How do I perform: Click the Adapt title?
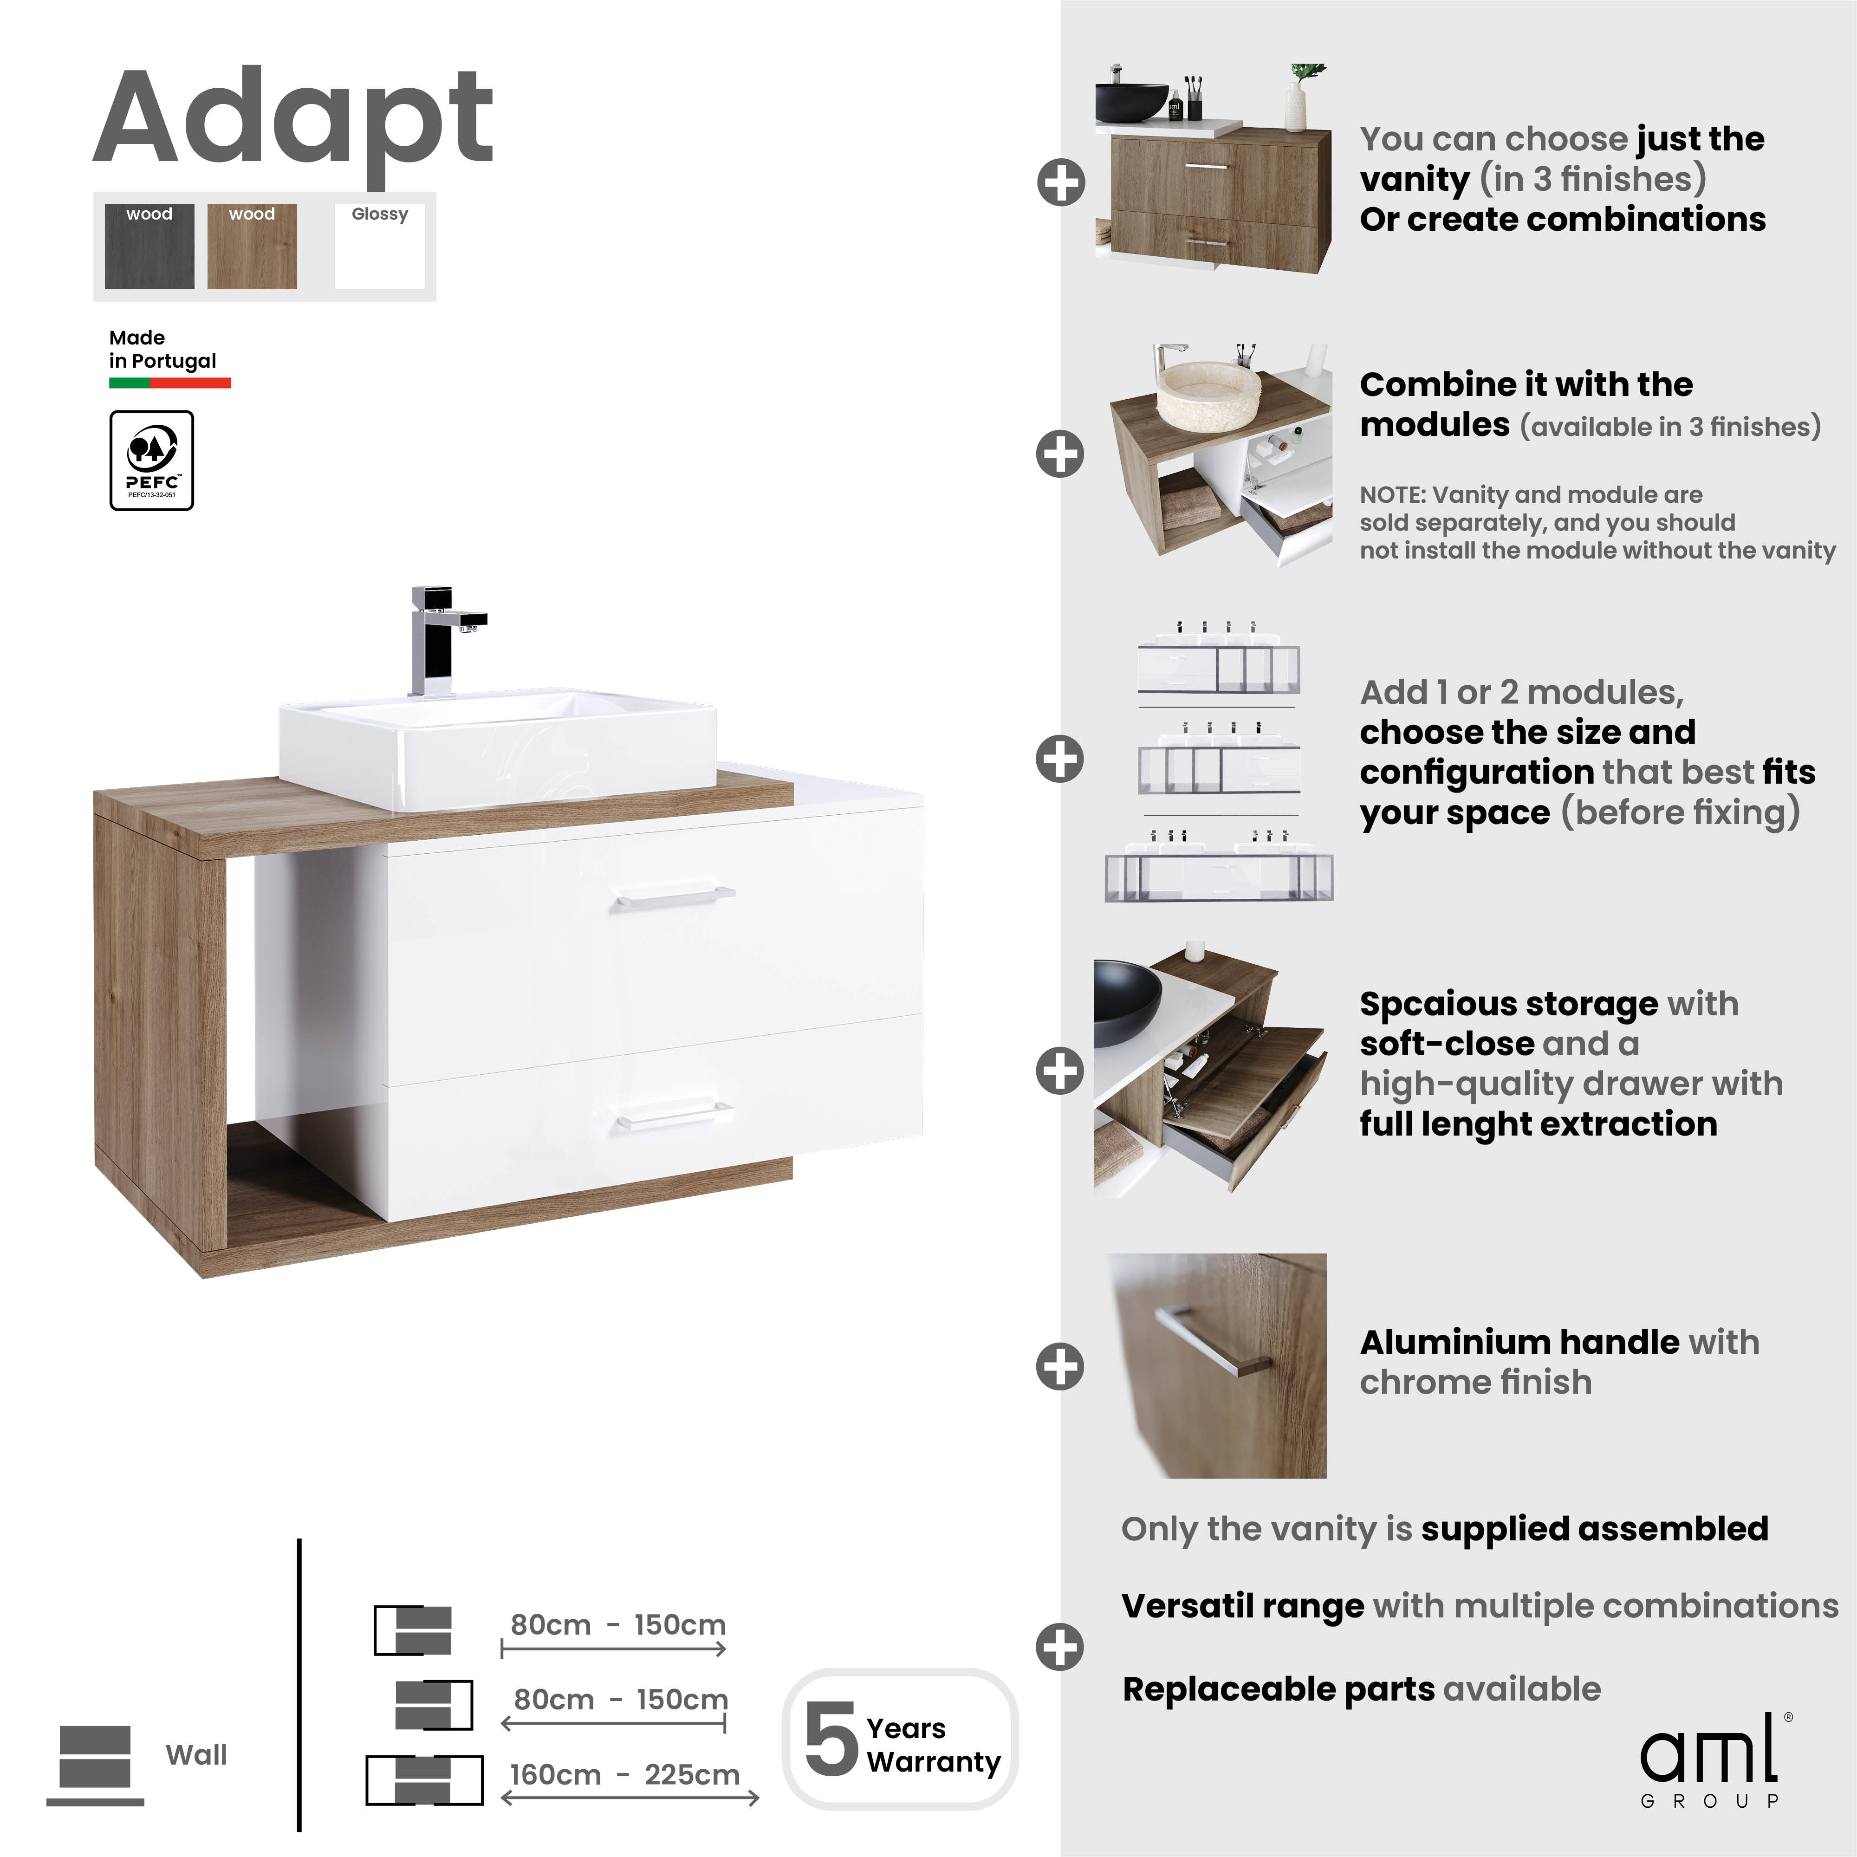click(x=293, y=120)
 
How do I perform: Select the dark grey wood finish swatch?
click(x=149, y=247)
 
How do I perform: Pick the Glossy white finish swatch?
click(x=380, y=247)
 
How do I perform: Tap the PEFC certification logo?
click(x=152, y=461)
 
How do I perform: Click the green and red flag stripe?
click(x=170, y=383)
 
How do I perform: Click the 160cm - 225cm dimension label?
click(x=625, y=1774)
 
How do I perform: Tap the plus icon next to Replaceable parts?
click(x=1060, y=1648)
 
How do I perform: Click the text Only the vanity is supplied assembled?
click(x=1444, y=1528)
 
